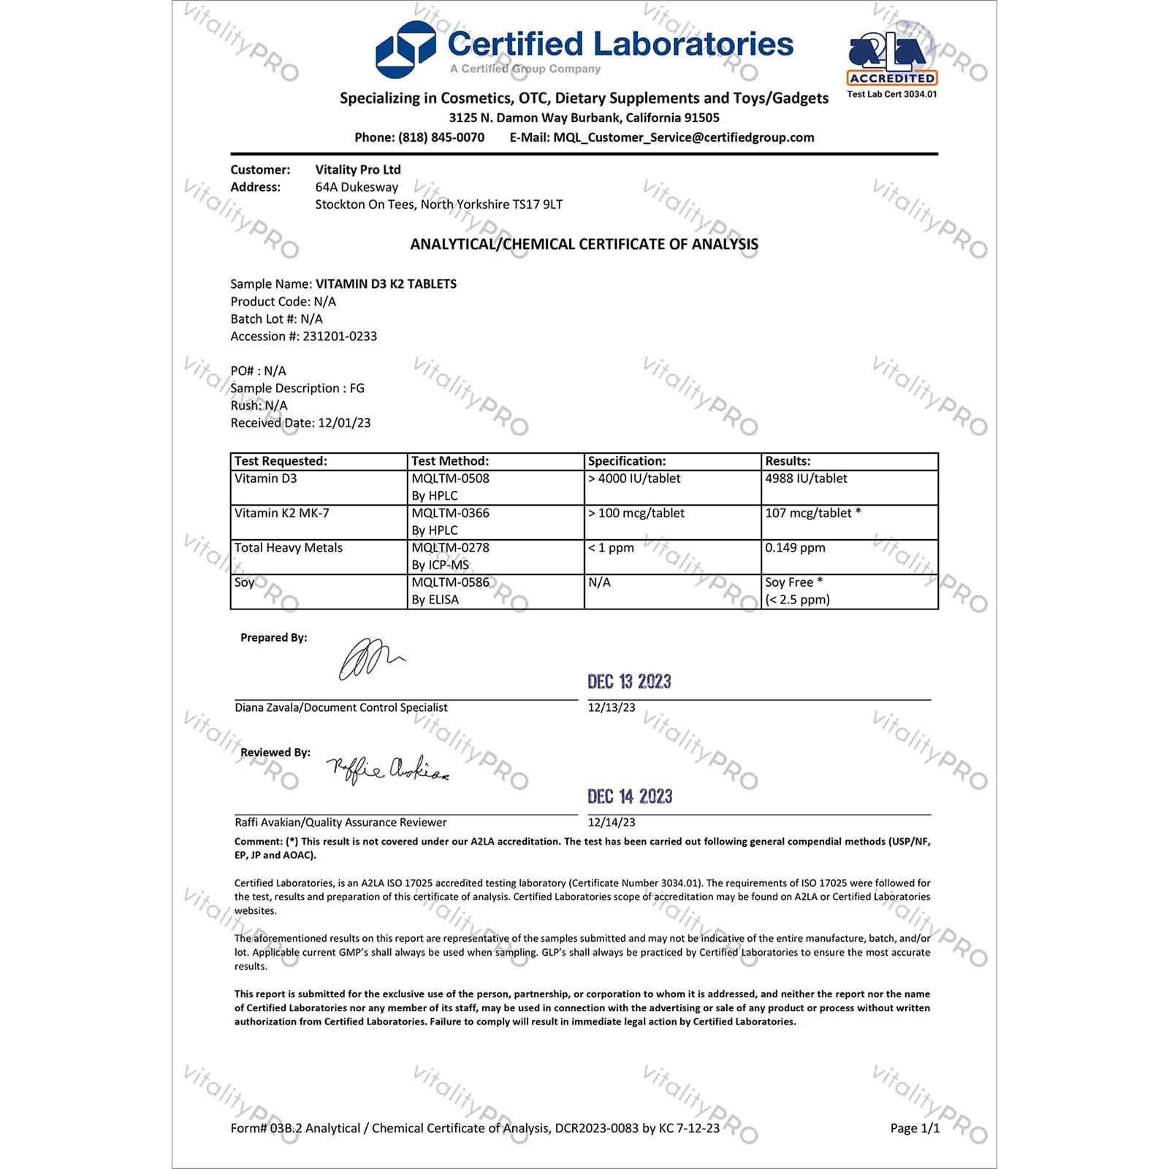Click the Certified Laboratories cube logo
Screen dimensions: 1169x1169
(x=405, y=50)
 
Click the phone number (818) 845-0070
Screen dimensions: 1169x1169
(x=441, y=137)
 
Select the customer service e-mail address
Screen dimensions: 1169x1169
(x=683, y=137)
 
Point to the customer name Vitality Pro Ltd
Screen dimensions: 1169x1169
(x=358, y=170)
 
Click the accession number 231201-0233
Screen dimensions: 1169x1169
(x=340, y=336)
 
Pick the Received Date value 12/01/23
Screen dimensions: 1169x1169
(x=344, y=423)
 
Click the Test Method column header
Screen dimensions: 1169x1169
(x=450, y=461)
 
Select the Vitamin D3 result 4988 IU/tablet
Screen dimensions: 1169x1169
(x=806, y=479)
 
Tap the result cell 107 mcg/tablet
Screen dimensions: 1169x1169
(x=808, y=513)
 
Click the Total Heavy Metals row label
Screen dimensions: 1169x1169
(x=289, y=548)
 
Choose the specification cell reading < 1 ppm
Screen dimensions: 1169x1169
(x=612, y=548)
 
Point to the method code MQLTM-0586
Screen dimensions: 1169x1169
(x=450, y=582)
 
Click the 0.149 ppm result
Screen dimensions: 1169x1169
(x=795, y=548)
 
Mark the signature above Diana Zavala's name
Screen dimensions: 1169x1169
(x=370, y=659)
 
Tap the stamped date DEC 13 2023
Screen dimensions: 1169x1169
(x=629, y=682)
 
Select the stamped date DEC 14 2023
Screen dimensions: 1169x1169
(x=630, y=796)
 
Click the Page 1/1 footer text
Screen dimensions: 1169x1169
(x=915, y=1128)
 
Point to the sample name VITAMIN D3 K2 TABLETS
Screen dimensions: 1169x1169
(x=386, y=284)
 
